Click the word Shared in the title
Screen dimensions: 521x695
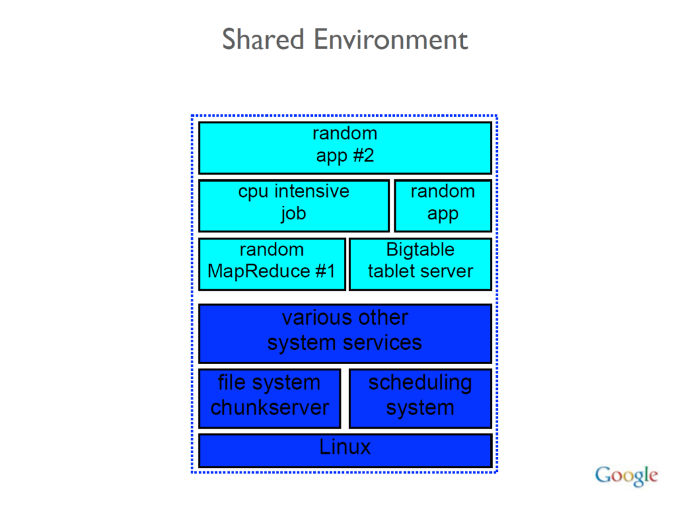click(x=263, y=39)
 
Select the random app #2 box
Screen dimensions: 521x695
click(x=345, y=147)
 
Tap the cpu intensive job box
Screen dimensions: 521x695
click(x=293, y=205)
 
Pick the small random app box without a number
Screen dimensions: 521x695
click(x=443, y=205)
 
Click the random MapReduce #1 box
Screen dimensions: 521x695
click(x=271, y=264)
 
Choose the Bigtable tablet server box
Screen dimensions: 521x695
click(x=420, y=264)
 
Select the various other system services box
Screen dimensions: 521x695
click(x=345, y=333)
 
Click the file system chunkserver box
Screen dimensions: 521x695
click(x=269, y=398)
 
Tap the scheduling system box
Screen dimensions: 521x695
click(x=420, y=398)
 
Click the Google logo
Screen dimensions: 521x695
click(x=626, y=475)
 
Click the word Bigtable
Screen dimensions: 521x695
click(x=420, y=249)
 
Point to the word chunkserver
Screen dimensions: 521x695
click(x=269, y=408)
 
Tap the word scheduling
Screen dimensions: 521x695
click(x=420, y=383)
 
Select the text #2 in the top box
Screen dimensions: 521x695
click(x=363, y=156)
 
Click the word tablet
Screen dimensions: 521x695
click(x=391, y=271)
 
